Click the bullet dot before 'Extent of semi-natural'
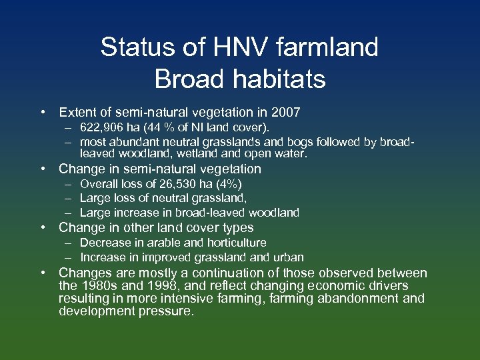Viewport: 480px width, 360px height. click(x=42, y=112)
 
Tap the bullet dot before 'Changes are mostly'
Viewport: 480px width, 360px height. click(x=42, y=273)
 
